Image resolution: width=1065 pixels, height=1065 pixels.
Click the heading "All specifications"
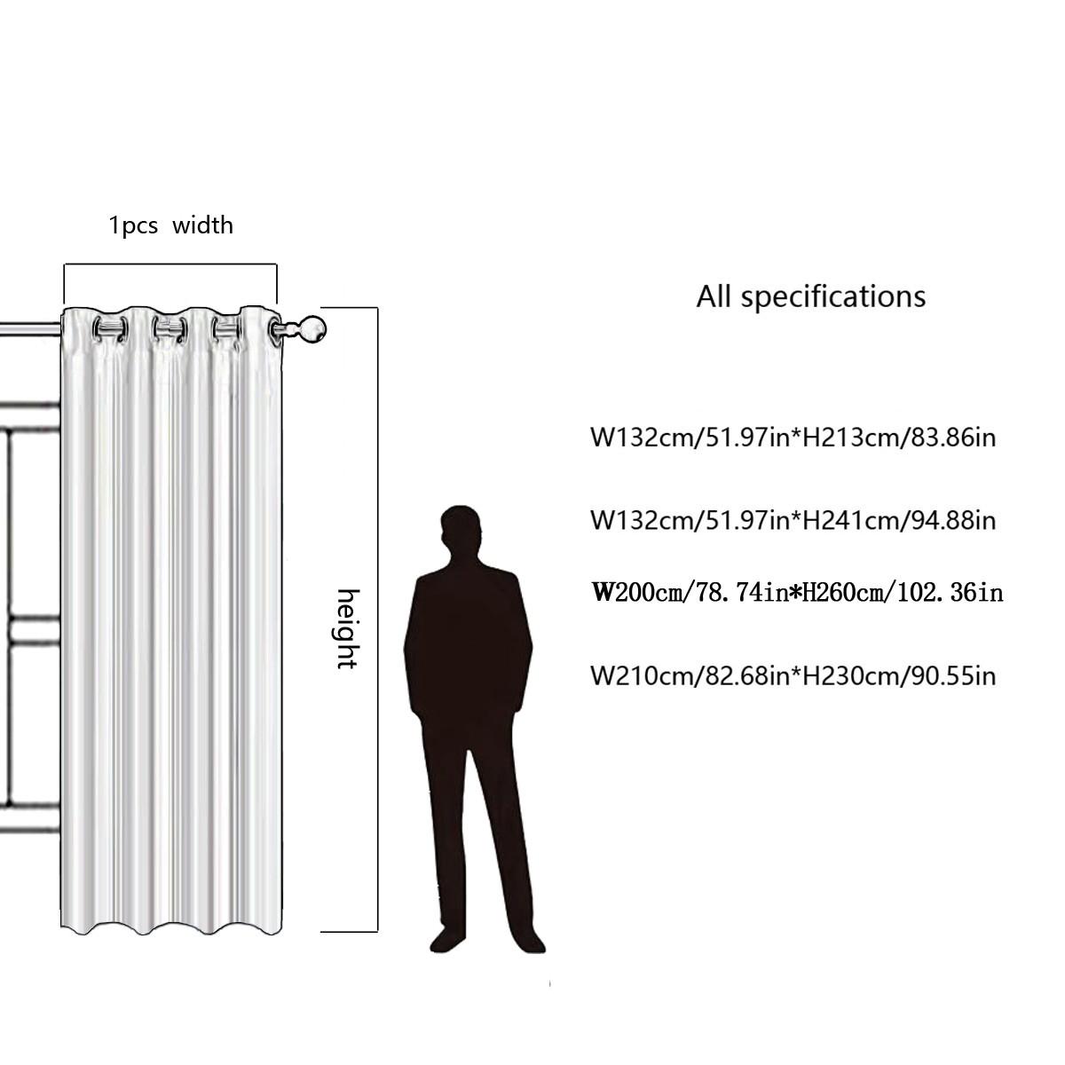point(810,296)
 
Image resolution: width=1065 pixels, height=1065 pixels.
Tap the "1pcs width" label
point(170,225)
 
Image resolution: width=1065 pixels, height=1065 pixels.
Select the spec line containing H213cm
point(793,437)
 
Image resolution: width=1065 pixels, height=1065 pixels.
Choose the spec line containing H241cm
point(793,519)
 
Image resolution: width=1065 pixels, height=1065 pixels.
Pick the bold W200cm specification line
point(797,592)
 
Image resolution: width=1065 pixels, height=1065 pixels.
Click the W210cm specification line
point(793,676)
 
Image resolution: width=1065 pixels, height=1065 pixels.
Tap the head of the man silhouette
point(461,530)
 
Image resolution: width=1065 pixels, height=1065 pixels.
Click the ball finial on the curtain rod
point(312,330)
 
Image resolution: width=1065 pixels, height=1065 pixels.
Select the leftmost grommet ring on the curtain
point(110,330)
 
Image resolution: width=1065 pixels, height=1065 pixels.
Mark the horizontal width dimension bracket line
point(170,264)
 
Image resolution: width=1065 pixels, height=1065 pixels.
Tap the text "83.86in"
point(948,437)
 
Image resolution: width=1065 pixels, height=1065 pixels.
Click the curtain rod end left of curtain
point(27,330)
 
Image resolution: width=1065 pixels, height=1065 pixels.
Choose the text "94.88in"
point(948,519)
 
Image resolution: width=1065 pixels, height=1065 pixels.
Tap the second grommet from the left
point(169,330)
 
